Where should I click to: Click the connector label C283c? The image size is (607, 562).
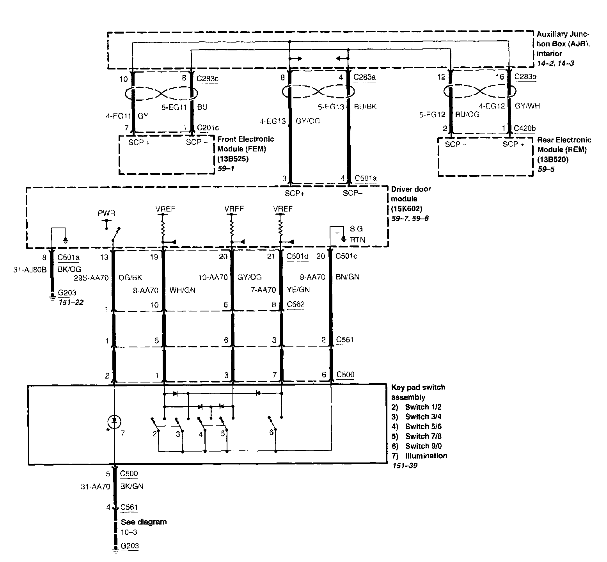(208, 79)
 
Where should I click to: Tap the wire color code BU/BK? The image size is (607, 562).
(365, 106)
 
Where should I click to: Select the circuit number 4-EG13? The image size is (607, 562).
(272, 121)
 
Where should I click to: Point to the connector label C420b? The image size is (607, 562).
(525, 128)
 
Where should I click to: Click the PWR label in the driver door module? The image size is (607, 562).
(106, 213)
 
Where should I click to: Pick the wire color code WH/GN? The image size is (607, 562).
(182, 290)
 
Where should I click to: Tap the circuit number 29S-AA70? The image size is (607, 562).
(91, 278)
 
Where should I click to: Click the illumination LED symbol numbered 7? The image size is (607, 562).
(114, 421)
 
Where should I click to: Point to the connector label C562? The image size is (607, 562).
(295, 304)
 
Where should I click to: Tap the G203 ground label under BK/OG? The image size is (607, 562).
(67, 293)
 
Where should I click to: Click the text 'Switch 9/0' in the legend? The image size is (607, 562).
(423, 446)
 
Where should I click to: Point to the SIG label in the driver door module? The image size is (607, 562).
(356, 229)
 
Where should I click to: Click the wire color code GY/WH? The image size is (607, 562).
(527, 106)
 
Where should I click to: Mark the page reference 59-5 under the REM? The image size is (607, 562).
(546, 169)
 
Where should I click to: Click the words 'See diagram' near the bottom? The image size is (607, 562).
(144, 522)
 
